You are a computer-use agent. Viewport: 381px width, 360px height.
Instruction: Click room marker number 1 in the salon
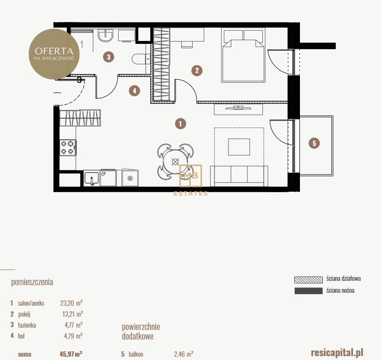180,123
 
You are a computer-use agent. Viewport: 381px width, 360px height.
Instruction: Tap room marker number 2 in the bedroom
197,71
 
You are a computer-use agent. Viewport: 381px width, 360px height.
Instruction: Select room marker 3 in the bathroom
108,57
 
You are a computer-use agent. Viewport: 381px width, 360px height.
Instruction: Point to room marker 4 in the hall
134,91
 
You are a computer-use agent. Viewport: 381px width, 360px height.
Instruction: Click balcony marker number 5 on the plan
314,143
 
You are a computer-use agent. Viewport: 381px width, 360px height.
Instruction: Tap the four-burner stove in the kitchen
68,148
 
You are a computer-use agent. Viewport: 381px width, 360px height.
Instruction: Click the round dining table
175,162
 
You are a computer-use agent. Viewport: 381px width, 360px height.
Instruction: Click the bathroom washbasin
105,35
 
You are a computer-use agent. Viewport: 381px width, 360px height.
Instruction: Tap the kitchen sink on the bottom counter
92,178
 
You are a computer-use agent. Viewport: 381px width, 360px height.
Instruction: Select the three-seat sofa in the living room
239,176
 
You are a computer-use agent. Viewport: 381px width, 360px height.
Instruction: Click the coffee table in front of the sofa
239,147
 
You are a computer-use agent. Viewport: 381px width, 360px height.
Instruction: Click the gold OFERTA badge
54,54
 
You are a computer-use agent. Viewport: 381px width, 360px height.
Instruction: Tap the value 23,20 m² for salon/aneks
71,303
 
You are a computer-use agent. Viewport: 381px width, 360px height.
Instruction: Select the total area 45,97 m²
71,354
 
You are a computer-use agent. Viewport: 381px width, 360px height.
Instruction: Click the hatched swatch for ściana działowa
309,279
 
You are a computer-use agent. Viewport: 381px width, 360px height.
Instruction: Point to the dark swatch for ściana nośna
309,291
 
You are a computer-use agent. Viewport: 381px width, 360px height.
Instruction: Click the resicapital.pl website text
337,352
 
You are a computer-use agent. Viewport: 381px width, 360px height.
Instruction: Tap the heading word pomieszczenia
32,282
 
